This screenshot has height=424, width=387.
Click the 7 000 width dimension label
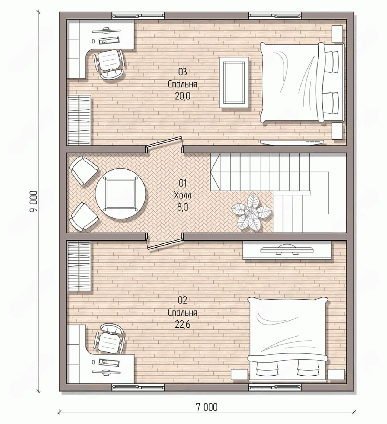[x=207, y=407]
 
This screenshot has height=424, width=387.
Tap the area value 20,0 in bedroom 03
[x=182, y=96]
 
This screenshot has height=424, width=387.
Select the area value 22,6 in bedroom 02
[x=182, y=324]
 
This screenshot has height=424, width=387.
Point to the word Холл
[x=182, y=196]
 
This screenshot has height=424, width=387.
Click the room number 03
[x=182, y=72]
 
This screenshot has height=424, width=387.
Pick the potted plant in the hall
[x=251, y=213]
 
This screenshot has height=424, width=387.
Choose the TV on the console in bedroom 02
[x=287, y=249]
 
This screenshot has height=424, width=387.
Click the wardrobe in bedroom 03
[x=79, y=120]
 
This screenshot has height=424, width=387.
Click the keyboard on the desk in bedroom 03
[x=109, y=40]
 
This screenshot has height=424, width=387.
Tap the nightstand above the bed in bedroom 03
[x=337, y=34]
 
